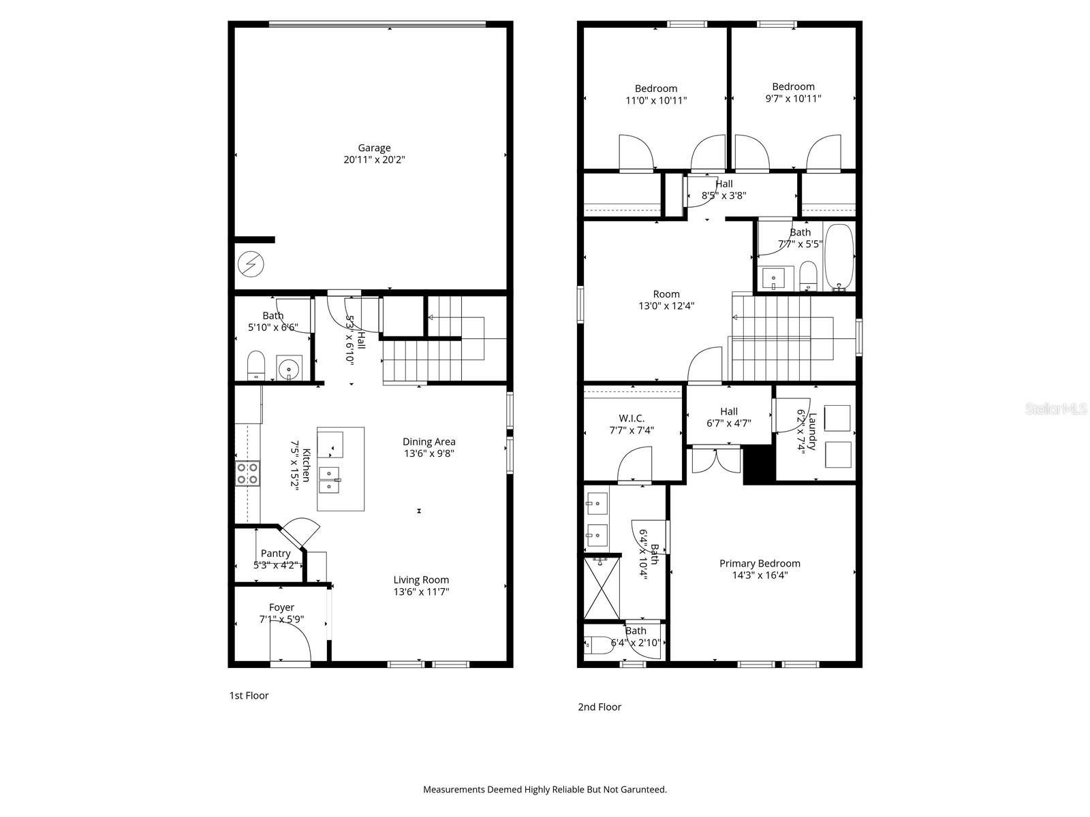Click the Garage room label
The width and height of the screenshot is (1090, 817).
point(374,148)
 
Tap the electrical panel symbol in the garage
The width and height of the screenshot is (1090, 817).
point(251,264)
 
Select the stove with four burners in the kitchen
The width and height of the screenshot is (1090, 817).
point(247,472)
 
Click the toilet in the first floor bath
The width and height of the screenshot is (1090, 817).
point(255,365)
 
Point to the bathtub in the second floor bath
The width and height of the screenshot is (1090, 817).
point(839,256)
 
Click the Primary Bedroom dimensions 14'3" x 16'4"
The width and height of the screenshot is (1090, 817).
point(760,575)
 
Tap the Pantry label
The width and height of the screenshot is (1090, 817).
point(275,554)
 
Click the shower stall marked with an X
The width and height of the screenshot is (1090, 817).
point(602,588)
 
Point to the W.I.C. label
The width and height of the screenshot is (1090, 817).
point(632,418)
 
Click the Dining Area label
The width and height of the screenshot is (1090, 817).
point(429,442)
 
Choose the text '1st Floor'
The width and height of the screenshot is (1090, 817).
point(249,695)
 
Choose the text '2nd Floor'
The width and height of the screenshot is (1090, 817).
point(599,707)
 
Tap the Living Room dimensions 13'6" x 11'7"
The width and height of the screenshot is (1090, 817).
point(421,592)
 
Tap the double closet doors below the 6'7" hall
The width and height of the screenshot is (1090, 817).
point(716,460)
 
